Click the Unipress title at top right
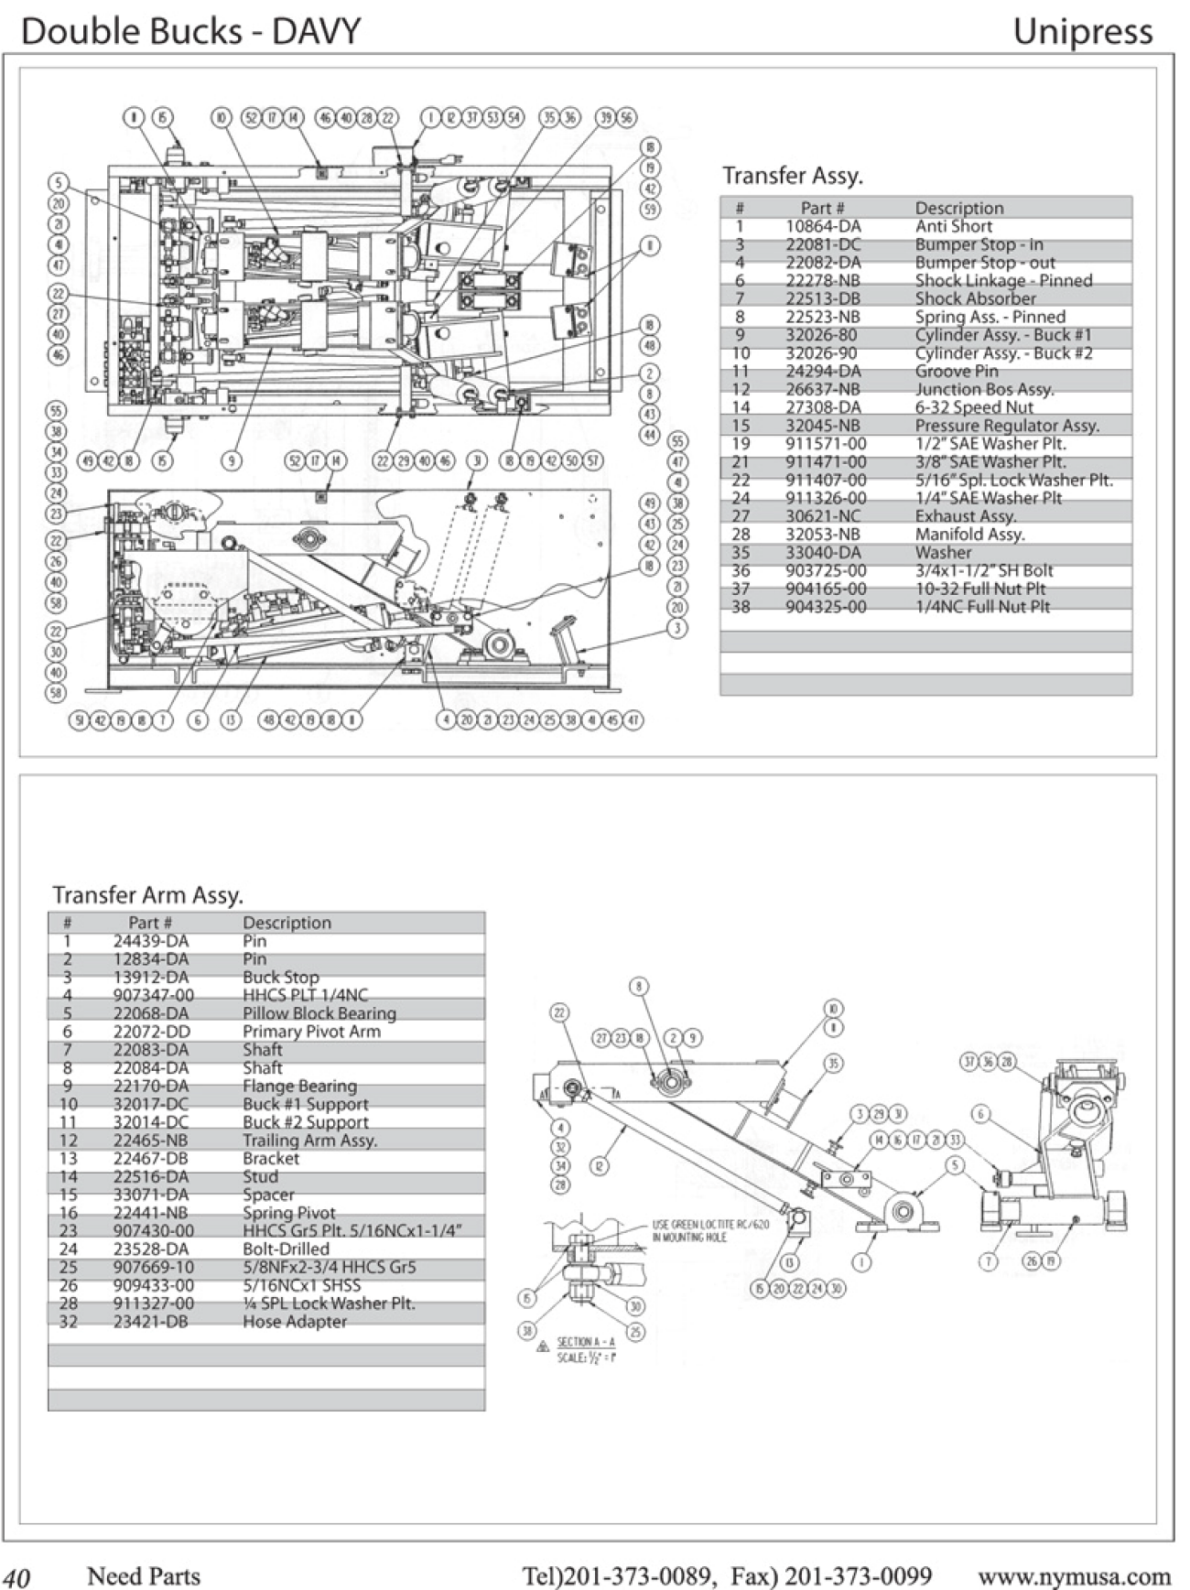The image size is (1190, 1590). (1082, 32)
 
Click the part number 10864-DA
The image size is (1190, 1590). (823, 226)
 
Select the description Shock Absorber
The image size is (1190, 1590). (975, 298)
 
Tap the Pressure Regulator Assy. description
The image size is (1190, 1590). (1007, 426)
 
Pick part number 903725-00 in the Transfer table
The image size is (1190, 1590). (826, 570)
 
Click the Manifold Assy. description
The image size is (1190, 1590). (969, 534)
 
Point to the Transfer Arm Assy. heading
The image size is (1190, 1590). (147, 894)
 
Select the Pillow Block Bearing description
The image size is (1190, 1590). (319, 1013)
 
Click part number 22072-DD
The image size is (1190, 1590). (151, 1032)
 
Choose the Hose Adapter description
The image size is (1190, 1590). (294, 1322)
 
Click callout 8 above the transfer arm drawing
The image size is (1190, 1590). (639, 986)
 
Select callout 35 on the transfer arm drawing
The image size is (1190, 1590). (833, 1064)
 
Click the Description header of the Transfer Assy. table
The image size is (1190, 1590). (958, 208)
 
